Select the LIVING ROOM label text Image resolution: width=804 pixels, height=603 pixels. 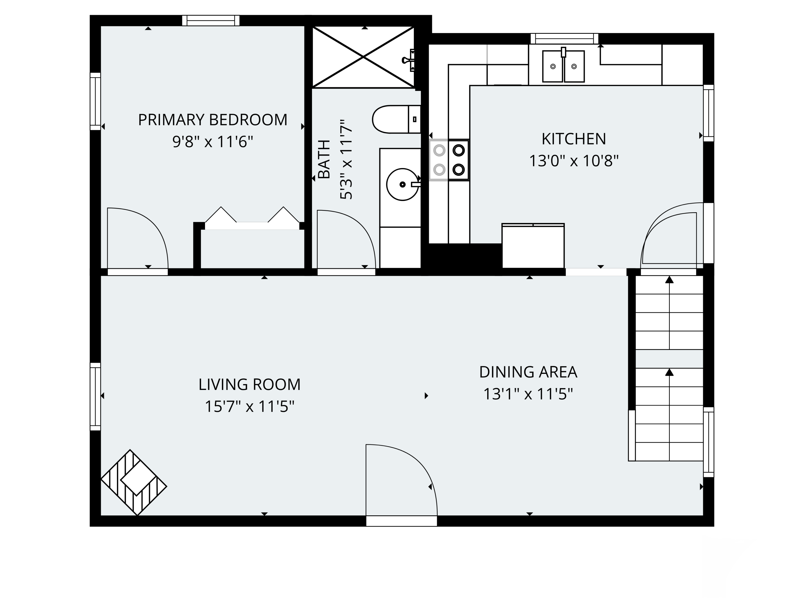pos(249,385)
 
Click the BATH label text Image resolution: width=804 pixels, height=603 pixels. pos(324,159)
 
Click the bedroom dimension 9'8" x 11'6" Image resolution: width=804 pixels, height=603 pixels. pos(213,142)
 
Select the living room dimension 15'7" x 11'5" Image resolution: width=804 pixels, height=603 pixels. pos(249,406)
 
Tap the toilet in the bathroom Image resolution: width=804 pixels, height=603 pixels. pos(396,119)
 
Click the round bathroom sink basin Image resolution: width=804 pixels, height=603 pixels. pos(402,185)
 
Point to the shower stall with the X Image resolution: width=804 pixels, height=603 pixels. pos(363,57)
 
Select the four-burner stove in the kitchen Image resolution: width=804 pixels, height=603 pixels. pos(449,160)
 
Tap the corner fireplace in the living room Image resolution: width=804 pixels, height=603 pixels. pos(134,483)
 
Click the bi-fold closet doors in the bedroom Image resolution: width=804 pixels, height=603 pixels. pos(252,218)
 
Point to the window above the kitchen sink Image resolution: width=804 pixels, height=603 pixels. pos(564,39)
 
